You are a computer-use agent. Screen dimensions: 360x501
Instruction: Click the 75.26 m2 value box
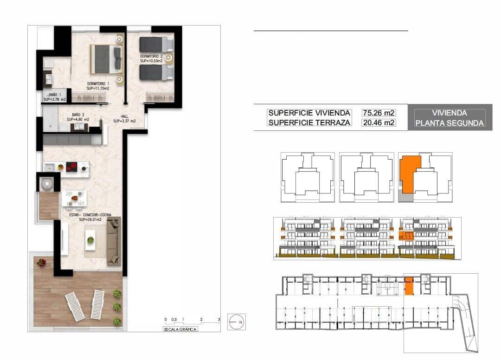pos(379,113)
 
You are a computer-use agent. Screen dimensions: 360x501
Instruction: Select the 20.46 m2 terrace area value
pos(379,123)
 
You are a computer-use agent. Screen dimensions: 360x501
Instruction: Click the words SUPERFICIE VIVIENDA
pos(309,113)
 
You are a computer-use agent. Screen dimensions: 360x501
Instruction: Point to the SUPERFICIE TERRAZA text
pos(309,123)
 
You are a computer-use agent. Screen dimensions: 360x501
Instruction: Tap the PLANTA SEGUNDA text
pos(450,123)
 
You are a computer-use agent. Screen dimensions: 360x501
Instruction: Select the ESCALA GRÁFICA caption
pos(180,329)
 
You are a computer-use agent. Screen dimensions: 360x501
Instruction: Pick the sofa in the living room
pos(113,241)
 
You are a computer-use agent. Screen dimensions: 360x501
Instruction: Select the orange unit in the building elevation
pos(406,236)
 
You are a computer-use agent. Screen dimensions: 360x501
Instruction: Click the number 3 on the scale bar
pos(219,320)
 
